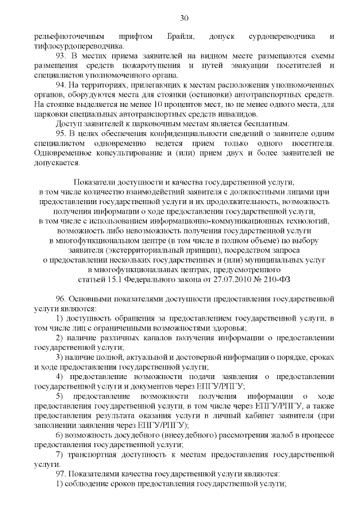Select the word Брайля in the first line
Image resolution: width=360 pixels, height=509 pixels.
pyautogui.click(x=181, y=37)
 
